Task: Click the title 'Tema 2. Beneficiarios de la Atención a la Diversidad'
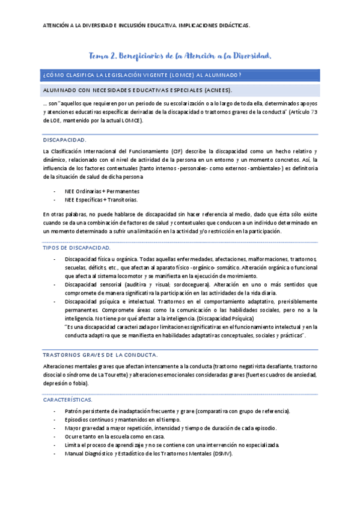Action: (x=180, y=56)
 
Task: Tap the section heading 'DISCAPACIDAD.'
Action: (x=65, y=140)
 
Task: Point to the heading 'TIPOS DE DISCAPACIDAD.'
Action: (x=76, y=248)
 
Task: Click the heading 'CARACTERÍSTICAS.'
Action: (x=67, y=399)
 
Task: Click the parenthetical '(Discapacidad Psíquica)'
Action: (x=224, y=318)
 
